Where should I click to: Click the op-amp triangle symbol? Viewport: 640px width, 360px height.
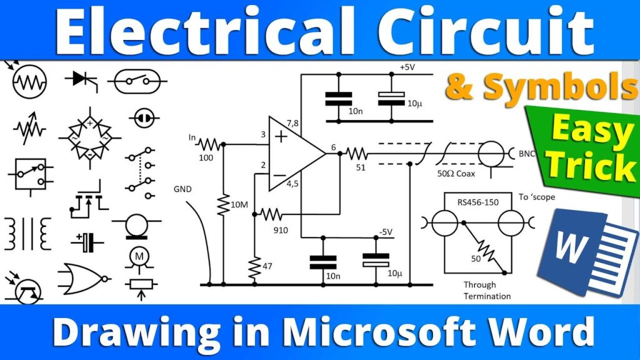tap(294, 153)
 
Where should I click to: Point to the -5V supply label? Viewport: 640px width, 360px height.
tap(385, 232)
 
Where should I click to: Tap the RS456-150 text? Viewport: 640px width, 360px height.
tap(479, 201)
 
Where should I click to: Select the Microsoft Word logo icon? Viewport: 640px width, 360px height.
tap(578, 250)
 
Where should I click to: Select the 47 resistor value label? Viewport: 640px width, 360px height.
tap(267, 266)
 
